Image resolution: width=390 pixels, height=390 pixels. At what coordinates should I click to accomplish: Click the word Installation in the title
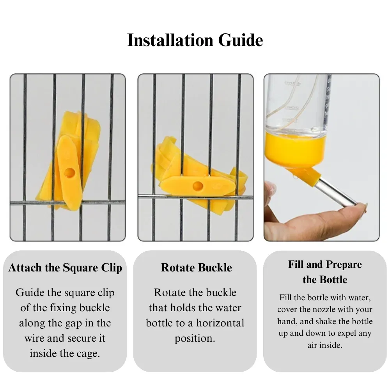(x=170, y=40)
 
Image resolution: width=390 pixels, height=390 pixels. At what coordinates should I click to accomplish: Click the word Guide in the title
(x=241, y=40)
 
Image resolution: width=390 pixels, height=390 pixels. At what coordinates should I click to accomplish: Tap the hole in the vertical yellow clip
(x=69, y=172)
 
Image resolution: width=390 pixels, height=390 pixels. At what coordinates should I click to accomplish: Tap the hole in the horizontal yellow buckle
(x=198, y=186)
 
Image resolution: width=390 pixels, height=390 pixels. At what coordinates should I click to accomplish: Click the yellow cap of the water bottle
(x=296, y=149)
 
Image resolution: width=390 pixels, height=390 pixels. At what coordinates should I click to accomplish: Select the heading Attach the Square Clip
(x=65, y=268)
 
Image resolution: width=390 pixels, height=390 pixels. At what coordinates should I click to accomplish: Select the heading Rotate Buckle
(x=197, y=268)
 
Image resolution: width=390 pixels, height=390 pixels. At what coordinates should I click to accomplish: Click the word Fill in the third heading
(x=296, y=264)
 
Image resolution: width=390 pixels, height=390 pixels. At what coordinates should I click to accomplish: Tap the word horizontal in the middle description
(x=220, y=323)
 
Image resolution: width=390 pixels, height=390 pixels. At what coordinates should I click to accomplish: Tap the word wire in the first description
(x=34, y=338)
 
